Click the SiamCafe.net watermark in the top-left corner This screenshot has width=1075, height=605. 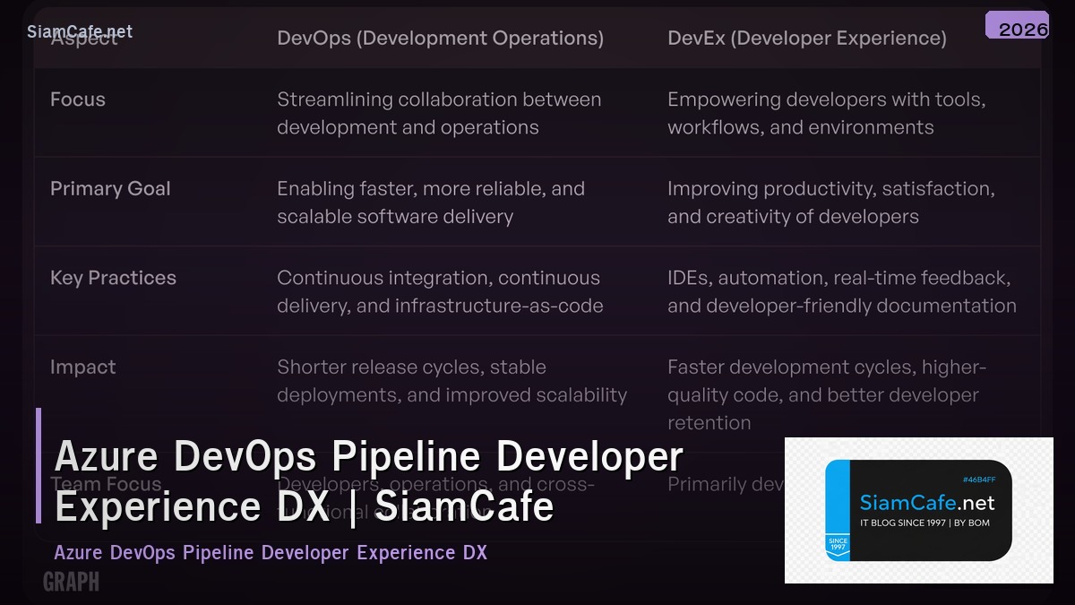pyautogui.click(x=80, y=31)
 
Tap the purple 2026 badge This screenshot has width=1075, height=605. pyautogui.click(x=1017, y=26)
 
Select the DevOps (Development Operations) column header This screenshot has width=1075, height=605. pyautogui.click(x=440, y=39)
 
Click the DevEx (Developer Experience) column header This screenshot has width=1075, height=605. pyautogui.click(x=806, y=39)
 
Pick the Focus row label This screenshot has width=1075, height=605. pyautogui.click(x=78, y=99)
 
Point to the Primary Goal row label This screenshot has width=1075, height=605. pyautogui.click(x=110, y=188)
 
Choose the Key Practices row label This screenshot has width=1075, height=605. pyautogui.click(x=113, y=278)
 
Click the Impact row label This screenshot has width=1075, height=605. pyautogui.click(x=83, y=367)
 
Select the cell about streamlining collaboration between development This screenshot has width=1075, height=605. pyautogui.click(x=439, y=113)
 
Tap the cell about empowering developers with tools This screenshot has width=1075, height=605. pyautogui.click(x=826, y=113)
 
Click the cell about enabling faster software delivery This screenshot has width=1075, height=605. pyautogui.click(x=431, y=203)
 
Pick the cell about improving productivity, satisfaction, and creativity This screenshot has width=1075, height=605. pyautogui.click(x=830, y=203)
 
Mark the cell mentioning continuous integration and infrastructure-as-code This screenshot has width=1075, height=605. pyautogui.click(x=440, y=291)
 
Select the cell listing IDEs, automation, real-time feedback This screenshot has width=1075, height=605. pyautogui.click(x=841, y=291)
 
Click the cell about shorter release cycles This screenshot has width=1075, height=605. pyautogui.click(x=451, y=381)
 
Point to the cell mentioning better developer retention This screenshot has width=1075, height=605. pyautogui.click(x=826, y=394)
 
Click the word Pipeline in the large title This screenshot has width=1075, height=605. pyautogui.click(x=408, y=457)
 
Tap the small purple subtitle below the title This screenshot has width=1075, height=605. pyautogui.click(x=271, y=552)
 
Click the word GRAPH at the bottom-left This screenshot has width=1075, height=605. pyautogui.click(x=71, y=583)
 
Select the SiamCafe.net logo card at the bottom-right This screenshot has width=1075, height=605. pyautogui.click(x=918, y=511)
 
